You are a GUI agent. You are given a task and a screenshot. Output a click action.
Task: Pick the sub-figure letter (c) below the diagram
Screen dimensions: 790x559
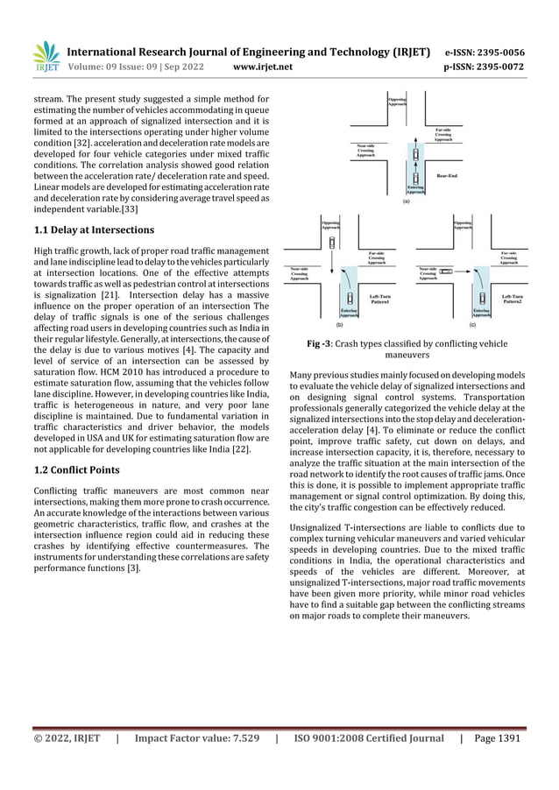472,324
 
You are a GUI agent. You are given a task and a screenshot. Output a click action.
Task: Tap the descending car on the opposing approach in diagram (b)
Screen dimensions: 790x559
332,242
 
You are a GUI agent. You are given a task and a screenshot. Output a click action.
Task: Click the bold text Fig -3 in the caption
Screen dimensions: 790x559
325,344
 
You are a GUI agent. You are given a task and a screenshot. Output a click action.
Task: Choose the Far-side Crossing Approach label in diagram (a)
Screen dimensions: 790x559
443,135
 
